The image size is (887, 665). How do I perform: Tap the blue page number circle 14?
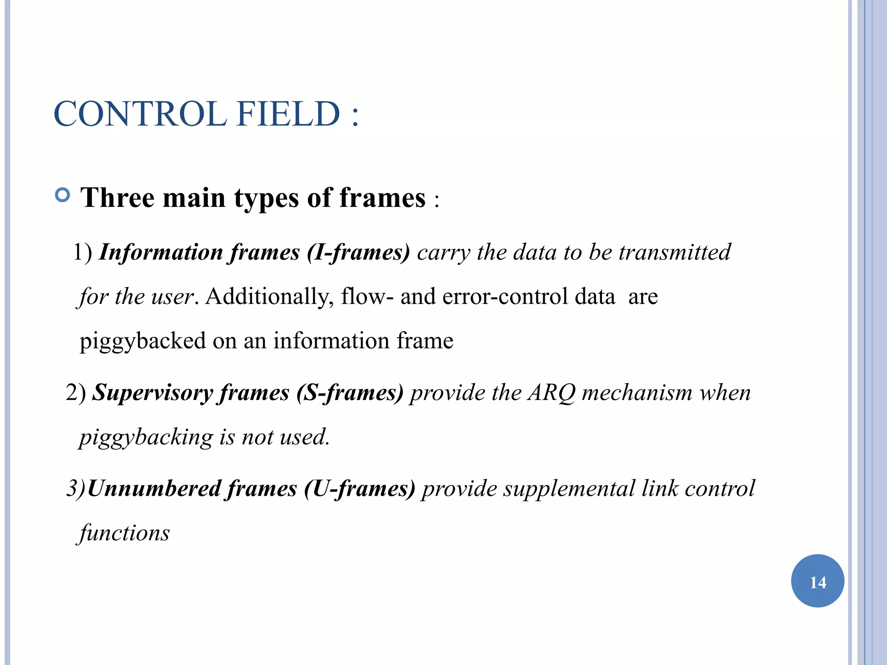(817, 581)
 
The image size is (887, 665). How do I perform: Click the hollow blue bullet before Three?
(63, 195)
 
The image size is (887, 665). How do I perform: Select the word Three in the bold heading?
(117, 198)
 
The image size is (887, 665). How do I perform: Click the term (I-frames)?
(358, 253)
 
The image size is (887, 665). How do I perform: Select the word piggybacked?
(142, 342)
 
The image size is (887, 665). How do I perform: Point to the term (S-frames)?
(350, 393)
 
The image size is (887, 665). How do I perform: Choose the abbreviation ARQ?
(551, 393)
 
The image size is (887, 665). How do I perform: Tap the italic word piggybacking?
(146, 437)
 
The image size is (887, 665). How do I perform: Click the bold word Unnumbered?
(154, 489)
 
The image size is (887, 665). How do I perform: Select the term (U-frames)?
(359, 489)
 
